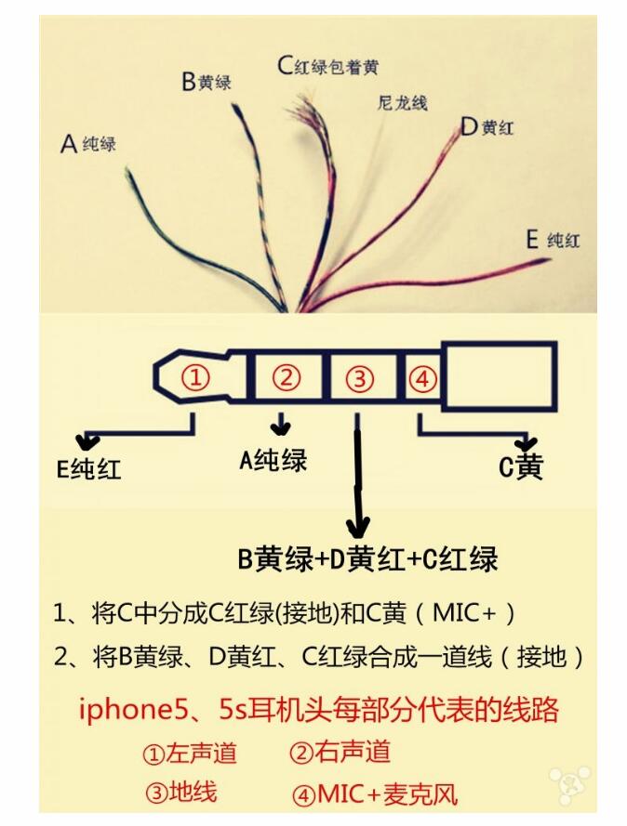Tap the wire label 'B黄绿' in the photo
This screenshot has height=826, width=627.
point(206,82)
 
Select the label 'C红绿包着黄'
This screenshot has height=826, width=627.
point(327,66)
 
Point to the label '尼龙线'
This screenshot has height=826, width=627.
point(403,102)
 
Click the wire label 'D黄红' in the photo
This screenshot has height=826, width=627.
point(487,127)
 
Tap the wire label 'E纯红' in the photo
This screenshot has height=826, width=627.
point(553,241)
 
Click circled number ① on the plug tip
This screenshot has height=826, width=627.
point(195,378)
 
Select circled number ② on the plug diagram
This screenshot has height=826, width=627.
point(287,378)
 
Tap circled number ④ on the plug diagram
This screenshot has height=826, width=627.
point(421,378)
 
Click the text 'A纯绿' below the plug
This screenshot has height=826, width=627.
point(273,460)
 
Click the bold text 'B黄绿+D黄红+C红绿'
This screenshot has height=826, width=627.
point(367,558)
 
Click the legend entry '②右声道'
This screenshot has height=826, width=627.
point(339,752)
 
